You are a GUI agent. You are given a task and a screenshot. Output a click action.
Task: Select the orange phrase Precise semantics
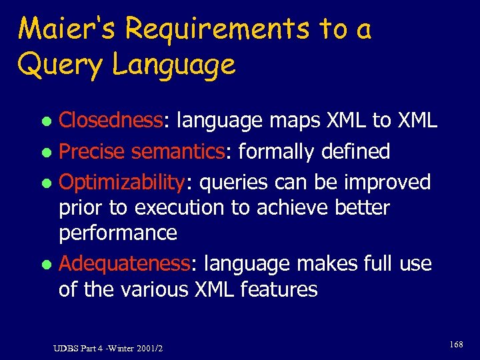point(143,151)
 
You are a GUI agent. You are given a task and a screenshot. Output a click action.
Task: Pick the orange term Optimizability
point(124,181)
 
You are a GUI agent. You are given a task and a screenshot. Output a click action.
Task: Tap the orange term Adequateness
point(125,264)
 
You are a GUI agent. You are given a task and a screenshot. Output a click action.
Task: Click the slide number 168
point(456,345)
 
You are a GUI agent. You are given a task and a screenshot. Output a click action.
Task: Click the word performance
point(118,233)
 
